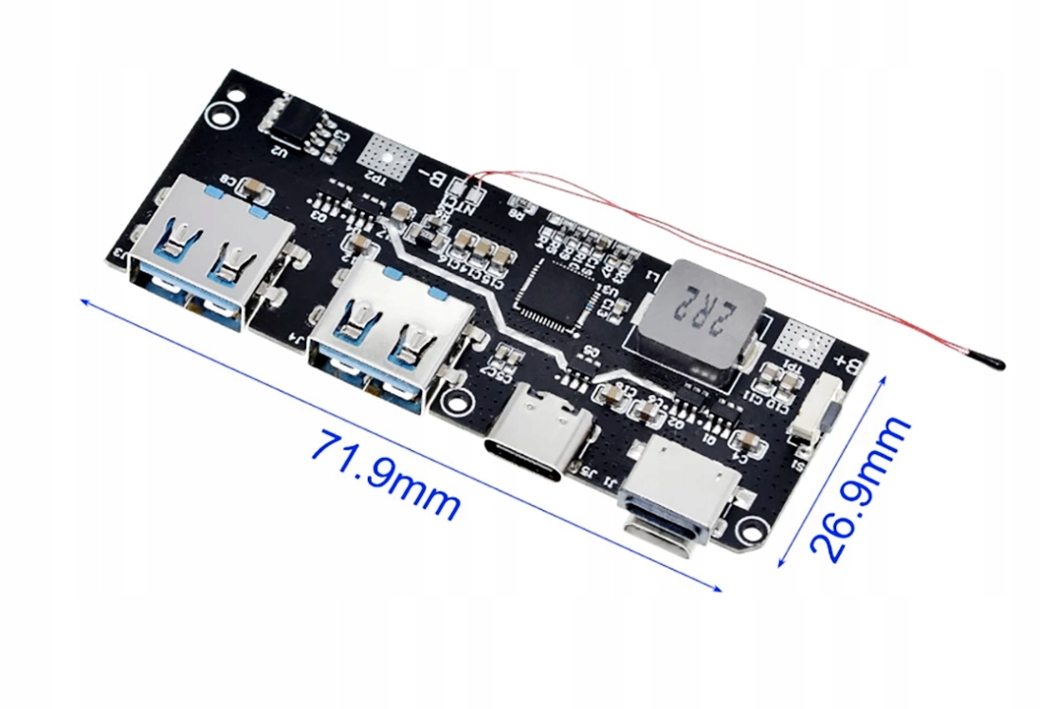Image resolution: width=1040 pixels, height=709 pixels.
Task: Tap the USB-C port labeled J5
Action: point(541,427)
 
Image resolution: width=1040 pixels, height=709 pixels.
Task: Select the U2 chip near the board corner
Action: point(290,119)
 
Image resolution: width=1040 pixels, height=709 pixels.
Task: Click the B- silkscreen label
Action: point(433,175)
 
